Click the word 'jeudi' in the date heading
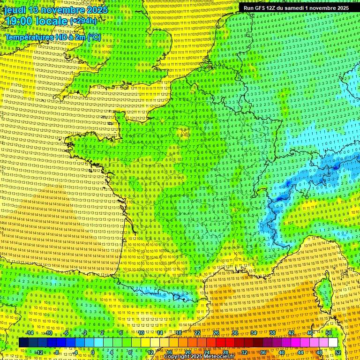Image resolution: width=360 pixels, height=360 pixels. click(13, 10)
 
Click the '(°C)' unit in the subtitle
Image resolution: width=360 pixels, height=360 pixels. click(94, 37)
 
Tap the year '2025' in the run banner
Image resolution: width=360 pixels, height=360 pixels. click(341, 8)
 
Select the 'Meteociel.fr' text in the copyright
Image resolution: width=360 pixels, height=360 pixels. click(219, 356)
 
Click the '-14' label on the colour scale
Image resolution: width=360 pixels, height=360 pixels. click(30, 333)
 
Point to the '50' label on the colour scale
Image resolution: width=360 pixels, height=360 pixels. click(328, 333)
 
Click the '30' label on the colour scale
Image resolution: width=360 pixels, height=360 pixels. click(234, 333)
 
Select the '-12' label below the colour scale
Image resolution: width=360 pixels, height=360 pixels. click(39, 352)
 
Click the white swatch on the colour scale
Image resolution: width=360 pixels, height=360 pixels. click(333, 343)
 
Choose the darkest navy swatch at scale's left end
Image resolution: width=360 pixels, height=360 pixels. click(23, 343)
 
